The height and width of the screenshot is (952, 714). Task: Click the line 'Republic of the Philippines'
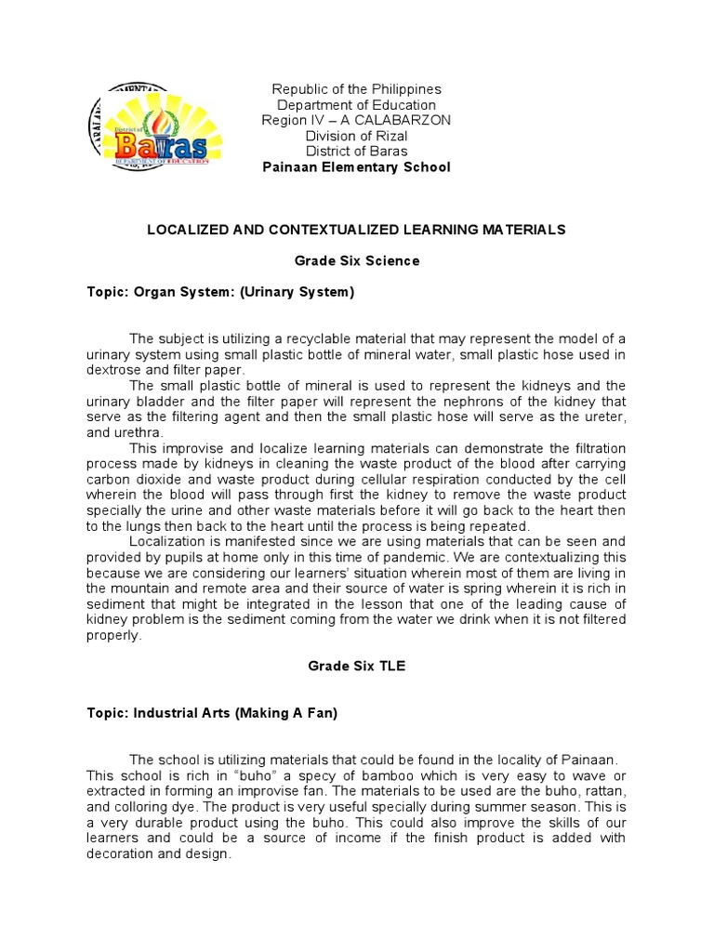point(356,89)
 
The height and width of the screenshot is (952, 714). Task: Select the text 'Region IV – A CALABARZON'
point(356,120)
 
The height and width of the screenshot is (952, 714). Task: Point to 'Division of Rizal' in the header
point(356,136)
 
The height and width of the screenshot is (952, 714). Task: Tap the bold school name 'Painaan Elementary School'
point(356,167)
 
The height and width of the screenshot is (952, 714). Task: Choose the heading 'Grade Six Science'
point(356,261)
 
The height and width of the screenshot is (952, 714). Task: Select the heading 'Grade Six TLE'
point(356,668)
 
